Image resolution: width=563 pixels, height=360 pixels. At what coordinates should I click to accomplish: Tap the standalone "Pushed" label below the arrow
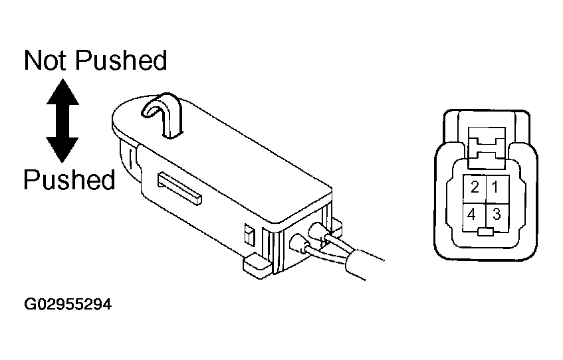tap(69, 179)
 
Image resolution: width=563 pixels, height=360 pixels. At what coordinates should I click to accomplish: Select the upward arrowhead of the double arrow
tap(62, 92)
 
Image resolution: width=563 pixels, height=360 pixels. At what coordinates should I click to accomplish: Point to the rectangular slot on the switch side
tap(179, 189)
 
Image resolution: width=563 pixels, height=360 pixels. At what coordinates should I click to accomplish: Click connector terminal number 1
tap(497, 189)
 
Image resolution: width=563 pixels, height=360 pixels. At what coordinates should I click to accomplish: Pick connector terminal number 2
tap(475, 189)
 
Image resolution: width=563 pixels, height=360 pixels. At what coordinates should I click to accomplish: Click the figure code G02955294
tap(68, 304)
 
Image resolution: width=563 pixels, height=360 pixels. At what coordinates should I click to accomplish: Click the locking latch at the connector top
tap(487, 147)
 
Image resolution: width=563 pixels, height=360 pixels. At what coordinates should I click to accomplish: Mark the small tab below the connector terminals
tap(486, 232)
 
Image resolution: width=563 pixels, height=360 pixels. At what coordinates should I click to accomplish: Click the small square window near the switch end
tap(249, 235)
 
